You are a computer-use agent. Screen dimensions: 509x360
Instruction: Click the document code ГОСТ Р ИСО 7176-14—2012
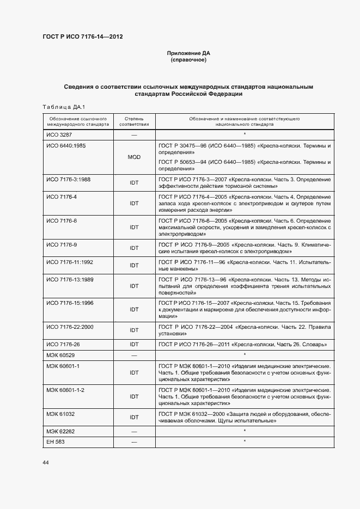tap(82, 37)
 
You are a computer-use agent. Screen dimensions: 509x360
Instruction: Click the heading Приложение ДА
tap(188, 53)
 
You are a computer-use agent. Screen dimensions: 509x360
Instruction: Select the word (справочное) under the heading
tap(188, 60)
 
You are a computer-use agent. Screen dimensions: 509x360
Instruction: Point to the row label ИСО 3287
tap(59, 134)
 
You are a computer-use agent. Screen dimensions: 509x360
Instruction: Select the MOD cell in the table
tap(134, 157)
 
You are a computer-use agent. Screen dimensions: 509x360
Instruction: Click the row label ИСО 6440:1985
tap(66, 146)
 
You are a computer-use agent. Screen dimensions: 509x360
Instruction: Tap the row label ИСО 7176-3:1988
tap(68, 179)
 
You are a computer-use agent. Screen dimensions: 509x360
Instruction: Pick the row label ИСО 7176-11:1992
tap(70, 262)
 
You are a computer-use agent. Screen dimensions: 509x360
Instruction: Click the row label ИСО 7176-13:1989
tap(70, 279)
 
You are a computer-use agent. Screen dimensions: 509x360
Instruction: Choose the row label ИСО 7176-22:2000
tap(70, 327)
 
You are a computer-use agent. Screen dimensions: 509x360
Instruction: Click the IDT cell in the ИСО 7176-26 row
tap(134, 345)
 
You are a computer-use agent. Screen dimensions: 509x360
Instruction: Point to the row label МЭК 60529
tap(60, 355)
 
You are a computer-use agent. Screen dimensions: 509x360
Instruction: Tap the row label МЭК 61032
tap(60, 414)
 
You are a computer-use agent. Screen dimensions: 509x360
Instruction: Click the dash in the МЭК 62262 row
tap(134, 431)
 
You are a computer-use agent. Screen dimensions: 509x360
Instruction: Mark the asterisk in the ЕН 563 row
tap(245, 441)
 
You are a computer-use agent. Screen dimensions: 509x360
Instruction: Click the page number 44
tap(46, 463)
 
